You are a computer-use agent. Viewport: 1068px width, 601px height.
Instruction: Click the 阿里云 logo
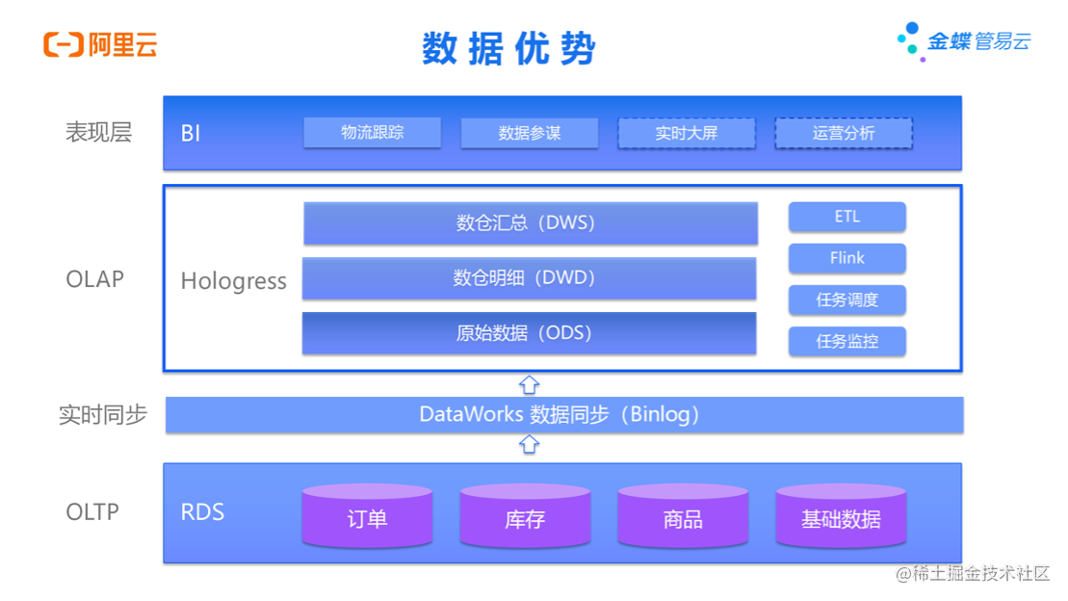click(100, 44)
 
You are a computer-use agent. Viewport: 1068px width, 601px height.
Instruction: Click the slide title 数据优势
click(508, 48)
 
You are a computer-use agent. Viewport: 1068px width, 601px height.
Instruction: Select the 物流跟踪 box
click(372, 133)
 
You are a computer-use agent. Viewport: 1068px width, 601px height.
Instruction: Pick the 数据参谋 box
click(529, 133)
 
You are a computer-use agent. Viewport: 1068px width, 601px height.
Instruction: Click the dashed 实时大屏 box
click(686, 133)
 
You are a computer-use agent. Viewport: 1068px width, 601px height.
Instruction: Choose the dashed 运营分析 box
click(844, 133)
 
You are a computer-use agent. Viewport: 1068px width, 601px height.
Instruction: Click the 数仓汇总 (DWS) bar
click(530, 223)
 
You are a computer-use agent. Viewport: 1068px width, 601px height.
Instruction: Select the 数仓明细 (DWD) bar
click(529, 278)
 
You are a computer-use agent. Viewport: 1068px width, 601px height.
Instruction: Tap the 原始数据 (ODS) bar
click(529, 333)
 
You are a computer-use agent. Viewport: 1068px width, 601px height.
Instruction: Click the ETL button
click(847, 217)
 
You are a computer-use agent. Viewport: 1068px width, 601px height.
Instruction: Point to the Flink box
click(847, 258)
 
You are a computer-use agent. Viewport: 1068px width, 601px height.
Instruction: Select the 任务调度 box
click(847, 300)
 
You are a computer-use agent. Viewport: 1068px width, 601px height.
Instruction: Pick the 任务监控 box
click(847, 341)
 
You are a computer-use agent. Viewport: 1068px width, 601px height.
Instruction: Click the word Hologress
click(234, 281)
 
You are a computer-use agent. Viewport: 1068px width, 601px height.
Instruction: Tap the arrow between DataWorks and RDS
click(529, 445)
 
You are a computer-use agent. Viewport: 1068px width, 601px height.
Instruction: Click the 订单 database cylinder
click(367, 516)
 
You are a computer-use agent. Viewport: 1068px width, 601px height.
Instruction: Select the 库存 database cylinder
click(525, 516)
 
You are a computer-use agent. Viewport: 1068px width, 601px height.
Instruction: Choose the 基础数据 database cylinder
click(841, 516)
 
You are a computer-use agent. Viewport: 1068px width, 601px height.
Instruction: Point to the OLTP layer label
click(92, 511)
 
